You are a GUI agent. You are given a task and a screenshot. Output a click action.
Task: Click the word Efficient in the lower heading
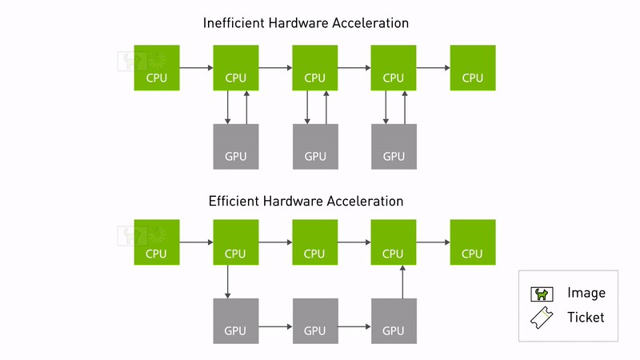[234, 201]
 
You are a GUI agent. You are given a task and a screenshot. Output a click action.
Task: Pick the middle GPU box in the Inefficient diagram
[315, 146]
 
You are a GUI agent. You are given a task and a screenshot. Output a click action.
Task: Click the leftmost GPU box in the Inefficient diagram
[236, 146]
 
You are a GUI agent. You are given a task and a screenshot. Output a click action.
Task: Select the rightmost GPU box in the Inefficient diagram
[394, 146]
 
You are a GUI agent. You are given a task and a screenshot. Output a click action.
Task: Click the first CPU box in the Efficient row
[157, 242]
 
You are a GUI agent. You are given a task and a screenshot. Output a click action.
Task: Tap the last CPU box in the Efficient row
[473, 242]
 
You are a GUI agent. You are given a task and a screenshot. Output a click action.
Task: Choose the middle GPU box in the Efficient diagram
[315, 321]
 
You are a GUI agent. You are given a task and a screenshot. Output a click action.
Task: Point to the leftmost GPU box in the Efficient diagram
[236, 321]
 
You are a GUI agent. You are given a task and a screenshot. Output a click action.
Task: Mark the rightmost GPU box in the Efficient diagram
[394, 321]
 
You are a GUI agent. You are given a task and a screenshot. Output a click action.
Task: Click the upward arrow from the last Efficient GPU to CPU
[402, 282]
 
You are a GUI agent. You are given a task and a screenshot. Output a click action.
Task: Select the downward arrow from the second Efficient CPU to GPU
[228, 282]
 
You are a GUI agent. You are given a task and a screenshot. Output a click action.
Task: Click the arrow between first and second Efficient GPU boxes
[275, 326]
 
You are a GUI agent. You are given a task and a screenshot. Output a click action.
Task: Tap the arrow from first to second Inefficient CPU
[196, 69]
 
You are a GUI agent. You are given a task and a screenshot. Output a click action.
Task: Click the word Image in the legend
[586, 293]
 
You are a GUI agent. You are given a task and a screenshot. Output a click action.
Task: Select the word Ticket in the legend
[586, 318]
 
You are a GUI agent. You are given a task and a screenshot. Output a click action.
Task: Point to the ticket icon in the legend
[542, 318]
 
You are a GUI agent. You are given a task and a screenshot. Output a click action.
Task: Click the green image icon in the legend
[542, 294]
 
